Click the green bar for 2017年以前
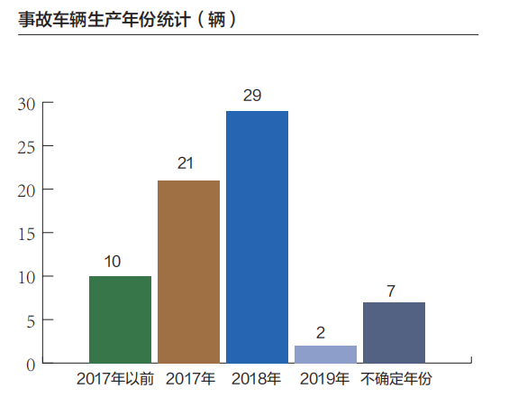(x=121, y=319)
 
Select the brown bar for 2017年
(x=188, y=272)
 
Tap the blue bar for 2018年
(x=257, y=237)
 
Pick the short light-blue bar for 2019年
(x=326, y=354)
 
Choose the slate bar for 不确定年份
(x=395, y=333)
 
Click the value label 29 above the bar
(x=252, y=96)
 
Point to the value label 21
(x=186, y=163)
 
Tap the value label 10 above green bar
(x=113, y=262)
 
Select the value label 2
(x=321, y=333)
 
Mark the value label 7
(x=391, y=291)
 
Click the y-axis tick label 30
(x=26, y=105)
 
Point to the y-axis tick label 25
(x=26, y=148)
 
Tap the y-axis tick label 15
(x=26, y=235)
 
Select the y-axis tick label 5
(x=31, y=321)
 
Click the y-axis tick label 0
(x=31, y=365)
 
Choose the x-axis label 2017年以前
(x=115, y=379)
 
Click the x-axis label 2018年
(x=256, y=379)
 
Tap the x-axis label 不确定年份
(x=395, y=379)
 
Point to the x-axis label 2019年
(x=324, y=379)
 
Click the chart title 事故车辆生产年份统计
(x=104, y=19)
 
